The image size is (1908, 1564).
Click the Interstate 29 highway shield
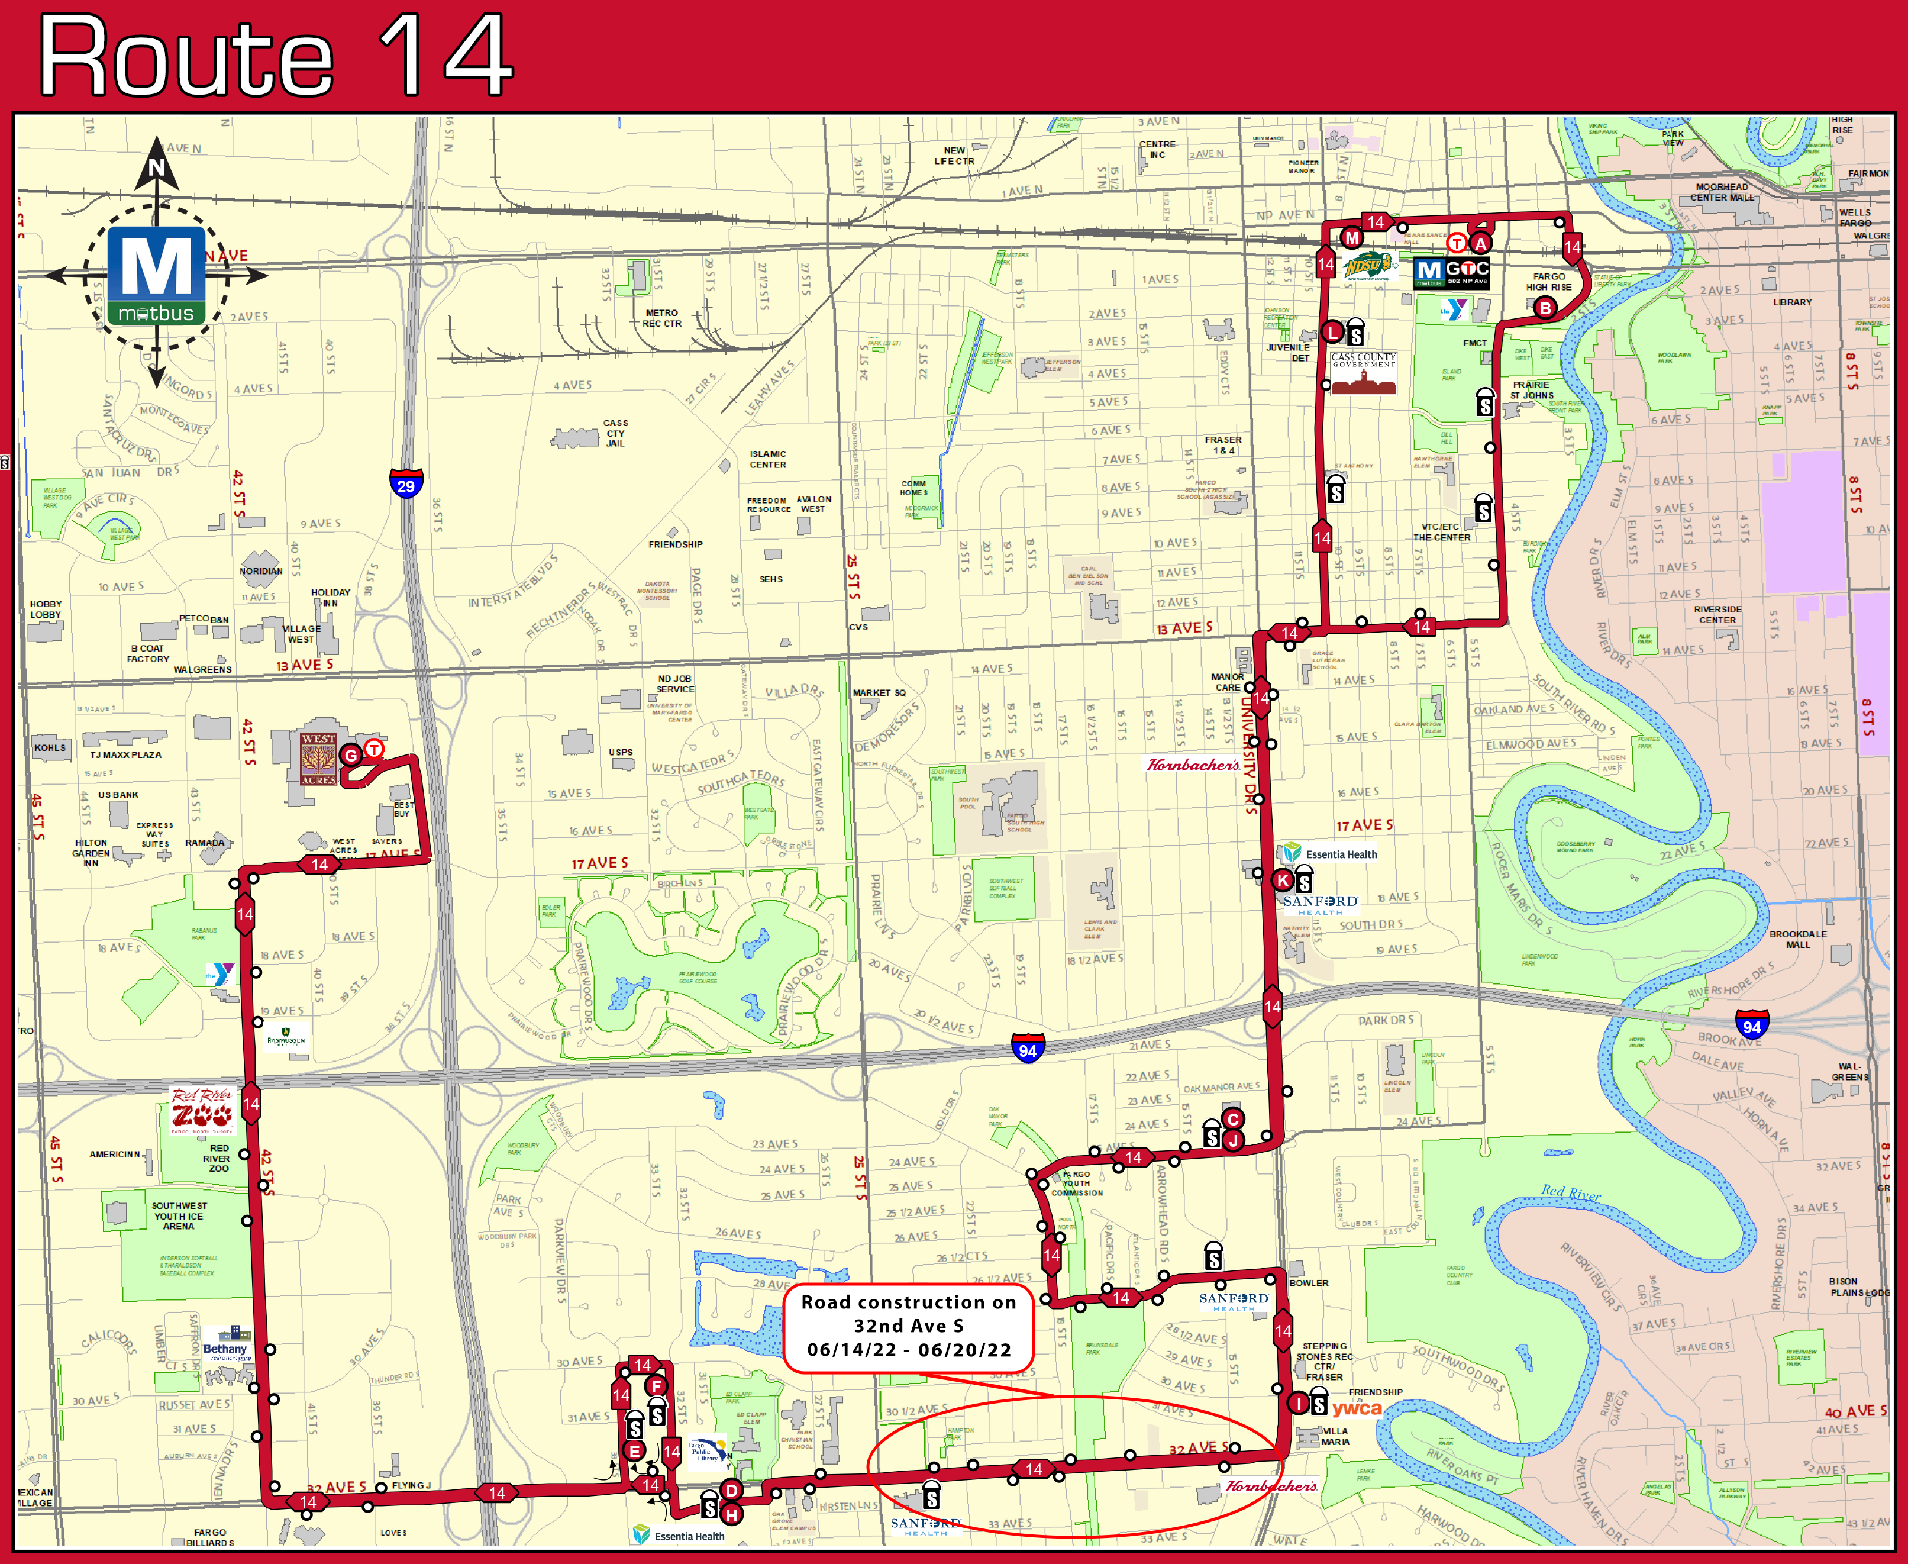coord(406,484)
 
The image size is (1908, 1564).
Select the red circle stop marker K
coord(1283,880)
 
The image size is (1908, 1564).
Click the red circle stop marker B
coord(1545,308)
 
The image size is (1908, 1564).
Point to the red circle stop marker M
coord(1351,238)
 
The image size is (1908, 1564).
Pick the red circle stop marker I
coord(1298,1402)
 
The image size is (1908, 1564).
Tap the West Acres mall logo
coord(319,759)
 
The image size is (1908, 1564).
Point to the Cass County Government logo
coord(1364,373)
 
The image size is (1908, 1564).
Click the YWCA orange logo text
coord(1357,1409)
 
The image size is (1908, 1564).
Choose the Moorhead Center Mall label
coord(1722,192)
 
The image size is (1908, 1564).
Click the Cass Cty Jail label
coord(615,433)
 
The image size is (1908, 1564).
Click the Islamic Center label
coord(767,459)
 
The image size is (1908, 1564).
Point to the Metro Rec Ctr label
coord(662,318)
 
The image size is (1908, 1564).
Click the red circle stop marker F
coord(656,1386)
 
